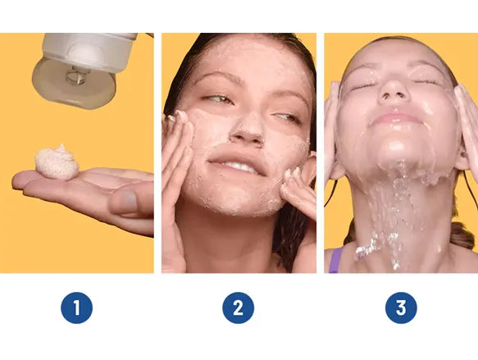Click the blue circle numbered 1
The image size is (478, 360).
point(76,308)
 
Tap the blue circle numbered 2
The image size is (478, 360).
point(238,308)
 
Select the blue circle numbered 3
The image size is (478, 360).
point(401,308)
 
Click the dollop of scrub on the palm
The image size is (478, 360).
point(57,162)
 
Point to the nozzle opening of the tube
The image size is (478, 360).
point(78,77)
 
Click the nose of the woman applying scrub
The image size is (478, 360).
point(247,130)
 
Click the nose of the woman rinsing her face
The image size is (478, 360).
point(394,90)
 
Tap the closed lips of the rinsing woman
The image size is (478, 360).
point(395,117)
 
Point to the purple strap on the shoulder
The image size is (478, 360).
point(335,260)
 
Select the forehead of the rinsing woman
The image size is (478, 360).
point(395,57)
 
